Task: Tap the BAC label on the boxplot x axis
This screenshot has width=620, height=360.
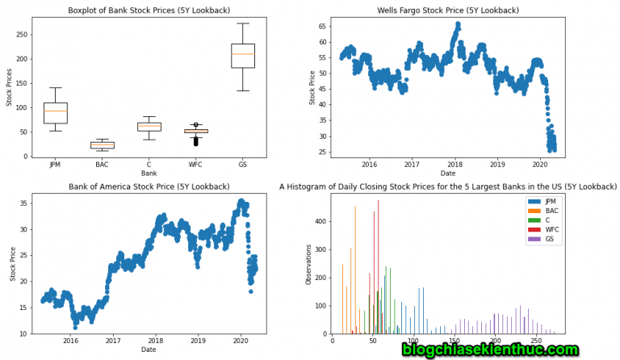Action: [x=102, y=165]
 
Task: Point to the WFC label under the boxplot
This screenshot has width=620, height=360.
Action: [x=195, y=165]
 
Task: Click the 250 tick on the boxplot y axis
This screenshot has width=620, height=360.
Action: [x=22, y=35]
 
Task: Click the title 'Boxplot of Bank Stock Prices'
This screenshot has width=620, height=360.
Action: [x=149, y=10]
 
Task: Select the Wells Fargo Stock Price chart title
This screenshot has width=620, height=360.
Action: [x=448, y=10]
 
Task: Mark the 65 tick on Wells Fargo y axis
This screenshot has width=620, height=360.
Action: [x=323, y=27]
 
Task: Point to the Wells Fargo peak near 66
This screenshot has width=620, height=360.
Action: [x=458, y=24]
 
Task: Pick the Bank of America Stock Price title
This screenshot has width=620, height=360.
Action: [x=149, y=186]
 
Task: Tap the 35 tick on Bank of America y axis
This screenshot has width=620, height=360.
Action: [x=23, y=203]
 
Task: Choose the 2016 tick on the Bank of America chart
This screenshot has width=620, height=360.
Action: [x=70, y=341]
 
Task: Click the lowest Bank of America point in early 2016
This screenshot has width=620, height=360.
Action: [x=75, y=328]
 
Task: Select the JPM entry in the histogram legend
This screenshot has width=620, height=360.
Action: [x=543, y=202]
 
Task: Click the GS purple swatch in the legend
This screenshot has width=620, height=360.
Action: [x=534, y=239]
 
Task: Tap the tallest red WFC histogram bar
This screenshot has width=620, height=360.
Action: [x=379, y=267]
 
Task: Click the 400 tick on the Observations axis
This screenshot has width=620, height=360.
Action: [x=320, y=222]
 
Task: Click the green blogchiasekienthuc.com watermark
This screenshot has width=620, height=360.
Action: [x=491, y=350]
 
